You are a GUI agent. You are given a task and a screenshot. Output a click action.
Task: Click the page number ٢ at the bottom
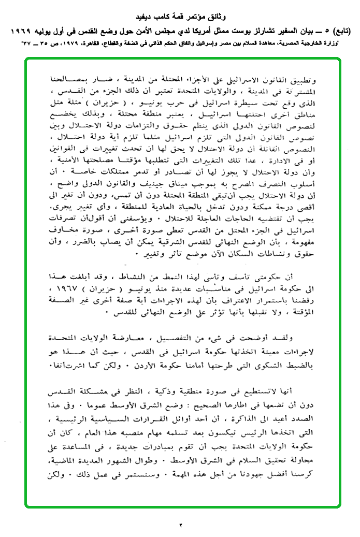pyautogui.click(x=181, y=525)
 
